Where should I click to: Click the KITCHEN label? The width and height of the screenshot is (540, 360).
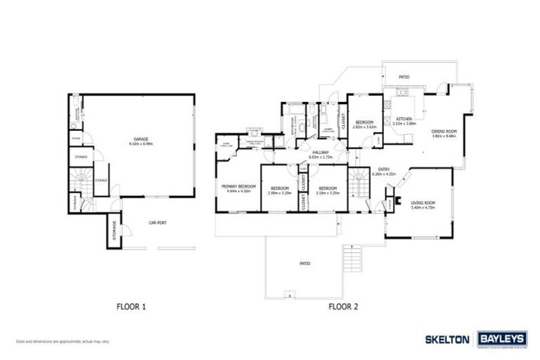pyautogui.click(x=404, y=119)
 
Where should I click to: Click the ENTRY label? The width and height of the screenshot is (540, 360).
pyautogui.click(x=384, y=169)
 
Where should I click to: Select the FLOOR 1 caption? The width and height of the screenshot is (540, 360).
pyautogui.click(x=131, y=307)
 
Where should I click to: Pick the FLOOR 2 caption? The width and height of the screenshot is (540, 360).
pyautogui.click(x=343, y=307)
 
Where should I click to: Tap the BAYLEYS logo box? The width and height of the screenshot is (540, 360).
pyautogui.click(x=502, y=339)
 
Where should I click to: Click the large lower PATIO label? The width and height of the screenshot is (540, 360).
pyautogui.click(x=304, y=264)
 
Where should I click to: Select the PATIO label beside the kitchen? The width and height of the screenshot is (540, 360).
pyautogui.click(x=404, y=76)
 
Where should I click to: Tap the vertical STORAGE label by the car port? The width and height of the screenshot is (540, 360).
pyautogui.click(x=114, y=231)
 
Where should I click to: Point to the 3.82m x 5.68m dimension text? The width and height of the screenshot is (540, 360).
pyautogui.click(x=444, y=136)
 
